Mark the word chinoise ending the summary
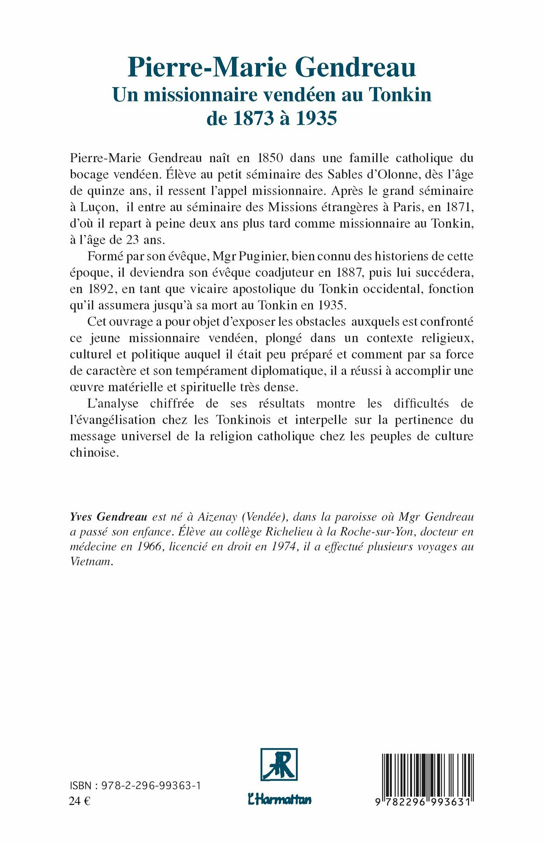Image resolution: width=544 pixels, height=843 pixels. (x=94, y=453)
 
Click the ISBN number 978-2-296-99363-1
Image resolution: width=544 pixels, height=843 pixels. (x=151, y=785)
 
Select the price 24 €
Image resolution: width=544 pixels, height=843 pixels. (x=80, y=801)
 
